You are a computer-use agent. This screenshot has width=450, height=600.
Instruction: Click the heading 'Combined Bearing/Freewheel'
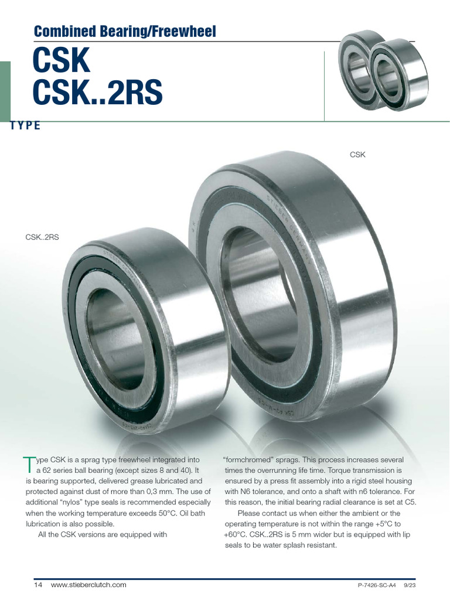125,31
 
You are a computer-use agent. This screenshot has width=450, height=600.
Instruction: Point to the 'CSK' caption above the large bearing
357,155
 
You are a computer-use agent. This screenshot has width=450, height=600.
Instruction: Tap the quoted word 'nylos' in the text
77,503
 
